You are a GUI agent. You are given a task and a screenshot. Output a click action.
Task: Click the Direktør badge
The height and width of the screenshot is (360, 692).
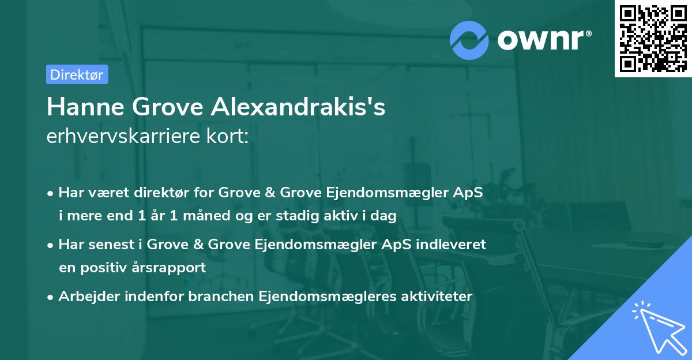click(77, 74)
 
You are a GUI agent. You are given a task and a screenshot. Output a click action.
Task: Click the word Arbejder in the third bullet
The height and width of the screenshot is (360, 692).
click(84, 297)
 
